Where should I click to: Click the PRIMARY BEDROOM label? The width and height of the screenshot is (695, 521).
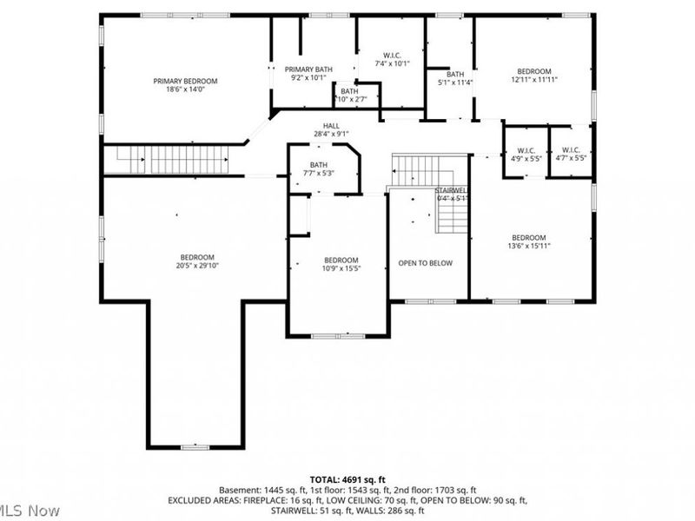click(x=185, y=81)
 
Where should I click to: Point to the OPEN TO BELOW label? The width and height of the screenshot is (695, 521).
click(x=426, y=263)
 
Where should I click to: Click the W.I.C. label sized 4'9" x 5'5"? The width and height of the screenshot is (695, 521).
click(x=524, y=150)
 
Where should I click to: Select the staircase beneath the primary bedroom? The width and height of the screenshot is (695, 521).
click(x=166, y=160)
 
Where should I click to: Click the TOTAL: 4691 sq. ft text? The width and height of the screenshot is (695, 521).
click(x=347, y=479)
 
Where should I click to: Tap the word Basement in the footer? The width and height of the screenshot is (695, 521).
click(x=238, y=491)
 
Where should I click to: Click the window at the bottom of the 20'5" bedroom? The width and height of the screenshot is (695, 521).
click(x=194, y=446)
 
